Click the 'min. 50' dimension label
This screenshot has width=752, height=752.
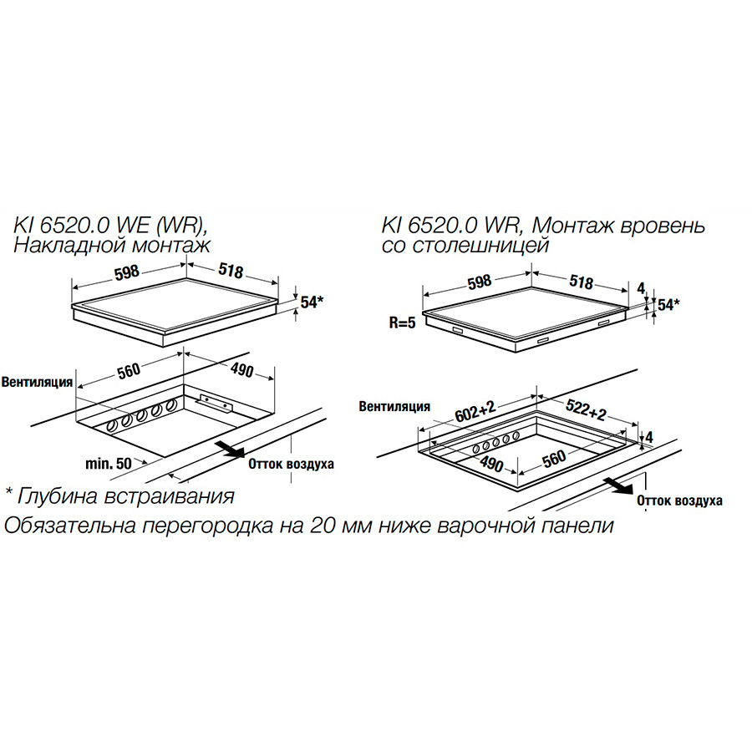click(x=109, y=464)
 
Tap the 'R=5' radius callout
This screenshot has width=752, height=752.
click(x=402, y=323)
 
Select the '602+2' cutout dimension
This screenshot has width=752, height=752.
click(x=475, y=412)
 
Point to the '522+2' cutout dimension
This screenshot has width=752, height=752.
click(x=587, y=408)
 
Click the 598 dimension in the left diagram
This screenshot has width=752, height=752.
click(x=127, y=272)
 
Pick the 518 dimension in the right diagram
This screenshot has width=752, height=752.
click(x=582, y=282)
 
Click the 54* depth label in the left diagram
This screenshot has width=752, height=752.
click(x=312, y=302)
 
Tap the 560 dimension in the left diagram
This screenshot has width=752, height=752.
click(x=129, y=371)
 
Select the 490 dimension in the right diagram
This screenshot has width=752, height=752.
click(x=490, y=463)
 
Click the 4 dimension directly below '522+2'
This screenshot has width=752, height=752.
click(x=649, y=437)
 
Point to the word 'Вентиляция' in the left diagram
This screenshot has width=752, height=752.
click(x=37, y=382)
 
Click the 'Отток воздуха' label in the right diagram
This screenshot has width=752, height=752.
click(x=679, y=501)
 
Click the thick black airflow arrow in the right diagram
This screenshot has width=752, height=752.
click(x=617, y=485)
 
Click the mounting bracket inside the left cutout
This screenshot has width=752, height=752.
click(x=215, y=402)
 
